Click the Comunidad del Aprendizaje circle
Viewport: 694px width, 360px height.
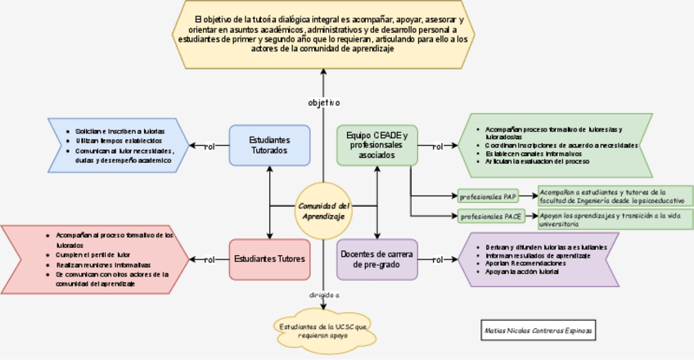point(323,211)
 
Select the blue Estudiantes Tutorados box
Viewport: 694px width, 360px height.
point(268,145)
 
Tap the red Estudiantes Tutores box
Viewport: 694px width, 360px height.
point(269,259)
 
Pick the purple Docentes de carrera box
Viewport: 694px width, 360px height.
point(377,259)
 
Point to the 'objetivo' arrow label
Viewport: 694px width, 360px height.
point(323,103)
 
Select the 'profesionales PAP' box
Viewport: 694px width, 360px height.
point(489,196)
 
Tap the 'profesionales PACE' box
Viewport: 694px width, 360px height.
point(491,217)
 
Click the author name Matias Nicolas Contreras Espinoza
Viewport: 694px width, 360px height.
point(538,330)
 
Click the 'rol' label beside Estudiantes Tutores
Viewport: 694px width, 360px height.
point(209,259)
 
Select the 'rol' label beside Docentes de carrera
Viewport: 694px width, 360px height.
point(437,259)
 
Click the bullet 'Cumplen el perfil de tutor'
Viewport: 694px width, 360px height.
point(93,254)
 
